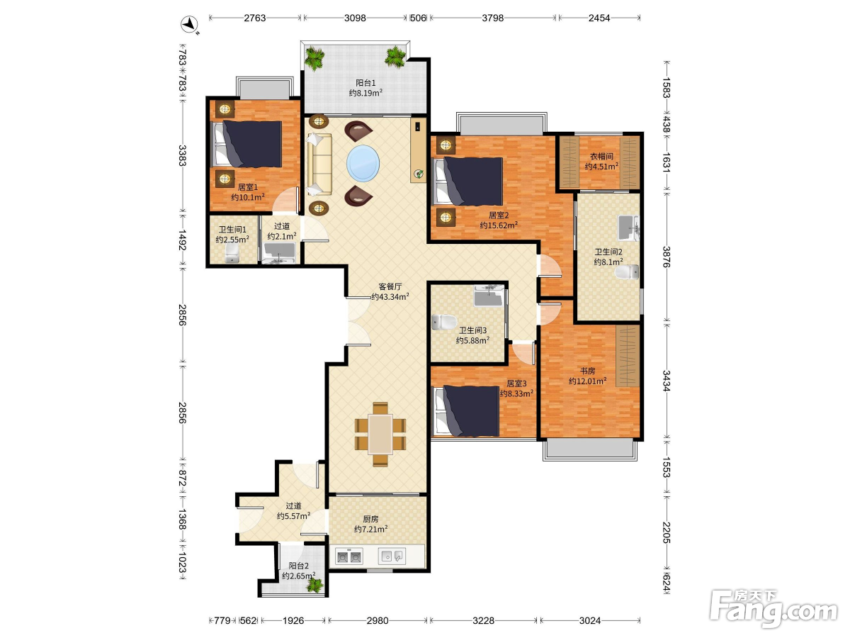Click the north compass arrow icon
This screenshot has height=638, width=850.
tap(190, 24)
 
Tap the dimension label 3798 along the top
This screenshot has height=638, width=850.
tap(492, 18)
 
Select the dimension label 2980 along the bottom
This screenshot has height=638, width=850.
tap(377, 620)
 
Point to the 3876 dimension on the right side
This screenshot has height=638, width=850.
tap(666, 257)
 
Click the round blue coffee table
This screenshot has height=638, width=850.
tap(363, 162)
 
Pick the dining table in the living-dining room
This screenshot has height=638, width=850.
tap(380, 434)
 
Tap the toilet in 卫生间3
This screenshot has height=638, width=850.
tap(444, 322)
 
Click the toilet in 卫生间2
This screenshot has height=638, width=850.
tap(627, 272)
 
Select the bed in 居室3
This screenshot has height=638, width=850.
tap(466, 410)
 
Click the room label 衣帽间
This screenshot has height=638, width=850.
tap(601, 157)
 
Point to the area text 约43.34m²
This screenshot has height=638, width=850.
tap(390, 297)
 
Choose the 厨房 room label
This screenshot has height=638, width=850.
tap(370, 519)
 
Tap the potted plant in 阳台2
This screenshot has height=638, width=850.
tap(314, 585)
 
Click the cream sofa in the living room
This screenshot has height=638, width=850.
tap(319, 164)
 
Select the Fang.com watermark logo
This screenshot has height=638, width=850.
tap(774, 608)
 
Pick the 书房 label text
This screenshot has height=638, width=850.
tap(587, 371)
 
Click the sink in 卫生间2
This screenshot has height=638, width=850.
tap(628, 228)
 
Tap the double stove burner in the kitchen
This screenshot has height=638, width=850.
tap(349, 557)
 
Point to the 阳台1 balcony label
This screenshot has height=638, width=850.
tap(365, 83)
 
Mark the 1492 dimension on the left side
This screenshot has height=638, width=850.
tap(182, 240)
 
